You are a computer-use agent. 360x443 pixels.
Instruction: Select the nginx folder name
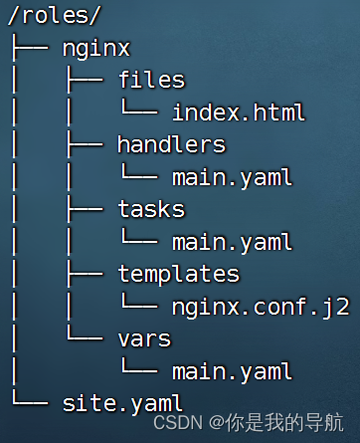tap(95, 48)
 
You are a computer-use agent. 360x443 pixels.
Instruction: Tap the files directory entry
tap(151, 80)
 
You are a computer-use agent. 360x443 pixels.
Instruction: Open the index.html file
tap(238, 111)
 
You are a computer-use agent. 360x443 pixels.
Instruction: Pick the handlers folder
tap(171, 144)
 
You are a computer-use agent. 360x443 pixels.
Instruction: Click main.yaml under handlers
tap(232, 177)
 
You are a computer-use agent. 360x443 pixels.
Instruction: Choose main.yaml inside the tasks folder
tap(232, 242)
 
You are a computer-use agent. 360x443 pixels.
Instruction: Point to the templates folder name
tap(178, 274)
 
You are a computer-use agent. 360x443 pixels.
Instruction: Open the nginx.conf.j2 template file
tap(261, 307)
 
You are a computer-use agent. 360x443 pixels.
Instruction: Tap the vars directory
tap(144, 338)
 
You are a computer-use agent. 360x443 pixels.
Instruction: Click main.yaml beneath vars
tap(232, 371)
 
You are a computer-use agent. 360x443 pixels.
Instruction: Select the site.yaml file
tap(122, 403)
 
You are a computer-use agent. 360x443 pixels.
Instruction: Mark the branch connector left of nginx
tap(29, 48)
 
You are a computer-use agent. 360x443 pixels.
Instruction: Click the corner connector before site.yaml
tap(29, 403)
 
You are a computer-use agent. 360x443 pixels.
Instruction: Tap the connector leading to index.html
tap(138, 111)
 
